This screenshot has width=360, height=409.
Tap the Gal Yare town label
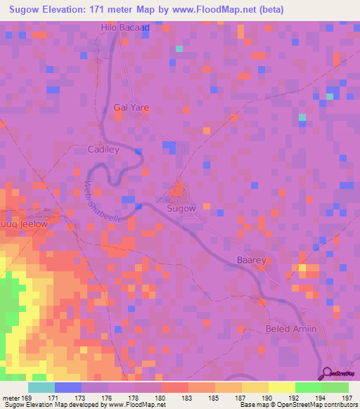[131, 108]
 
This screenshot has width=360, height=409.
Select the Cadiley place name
[103, 150]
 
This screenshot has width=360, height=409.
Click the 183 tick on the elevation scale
[175, 397]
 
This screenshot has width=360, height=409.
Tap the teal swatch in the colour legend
[41, 387]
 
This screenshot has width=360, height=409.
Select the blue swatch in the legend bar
[68, 387]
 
